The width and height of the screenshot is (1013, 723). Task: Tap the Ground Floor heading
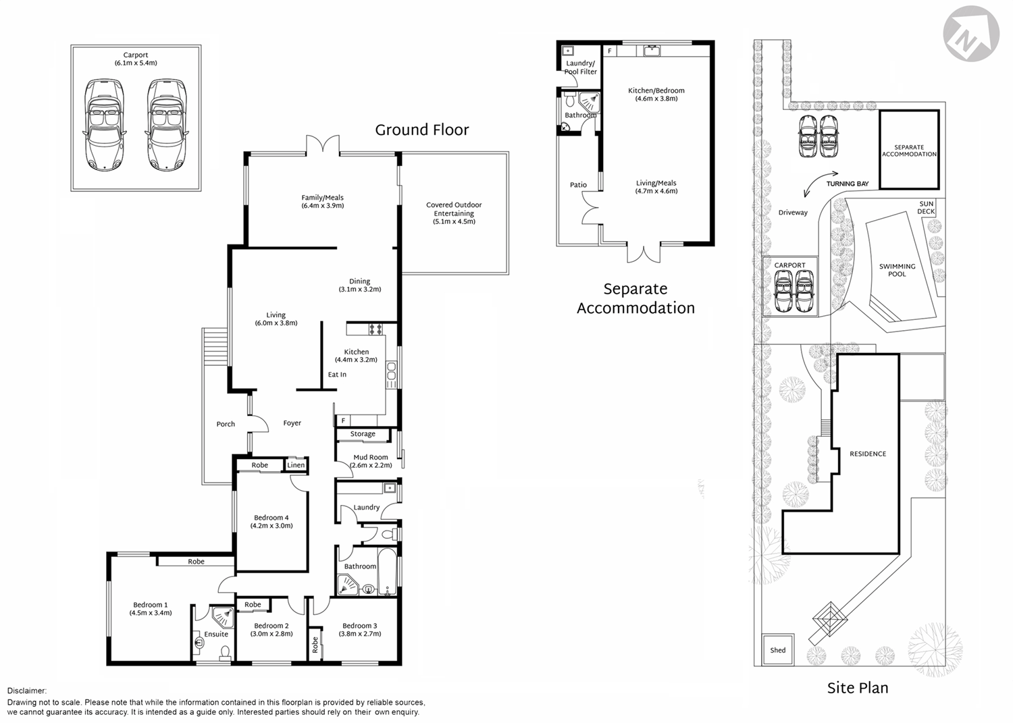(421, 130)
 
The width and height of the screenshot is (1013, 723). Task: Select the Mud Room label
(371, 457)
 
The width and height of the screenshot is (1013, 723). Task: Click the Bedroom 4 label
(271, 518)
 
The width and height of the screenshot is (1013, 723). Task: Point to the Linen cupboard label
(296, 465)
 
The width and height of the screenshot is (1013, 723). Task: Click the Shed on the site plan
(777, 650)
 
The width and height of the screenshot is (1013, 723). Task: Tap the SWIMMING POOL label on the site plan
(897, 270)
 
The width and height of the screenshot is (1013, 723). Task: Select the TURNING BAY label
(847, 184)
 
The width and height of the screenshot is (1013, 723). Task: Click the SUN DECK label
(926, 208)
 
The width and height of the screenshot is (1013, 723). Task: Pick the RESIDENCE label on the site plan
(867, 454)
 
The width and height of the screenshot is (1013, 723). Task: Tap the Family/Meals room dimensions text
(323, 206)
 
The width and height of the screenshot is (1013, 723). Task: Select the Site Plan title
(857, 688)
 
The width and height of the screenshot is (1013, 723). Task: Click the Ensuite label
(216, 635)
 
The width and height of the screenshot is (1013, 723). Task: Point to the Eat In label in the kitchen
(337, 375)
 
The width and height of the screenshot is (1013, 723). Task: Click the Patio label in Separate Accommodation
(578, 185)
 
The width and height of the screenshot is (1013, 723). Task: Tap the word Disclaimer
(27, 691)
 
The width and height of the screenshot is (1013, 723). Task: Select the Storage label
(363, 434)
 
